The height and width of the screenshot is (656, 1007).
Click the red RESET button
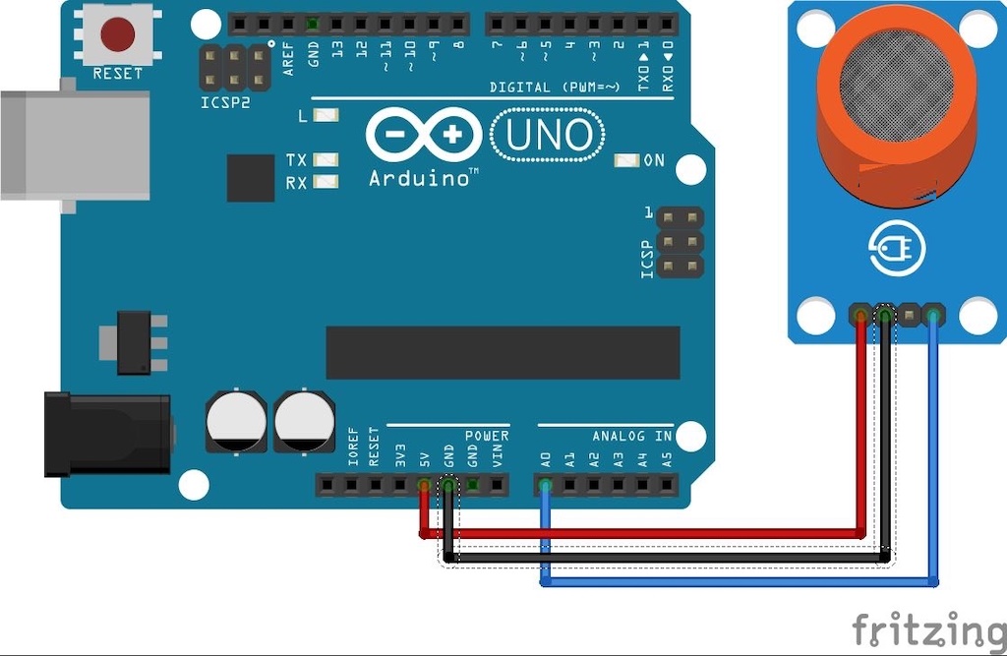117,34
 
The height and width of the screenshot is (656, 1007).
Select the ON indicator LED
626,160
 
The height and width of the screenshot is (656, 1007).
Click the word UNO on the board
549,135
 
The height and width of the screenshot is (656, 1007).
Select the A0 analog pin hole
545,485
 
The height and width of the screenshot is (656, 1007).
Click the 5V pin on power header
424,485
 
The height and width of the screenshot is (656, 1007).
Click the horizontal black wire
669,558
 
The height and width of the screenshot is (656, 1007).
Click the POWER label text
487,436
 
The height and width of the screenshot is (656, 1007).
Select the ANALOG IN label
631,436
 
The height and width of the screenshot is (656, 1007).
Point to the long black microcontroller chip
503,352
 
